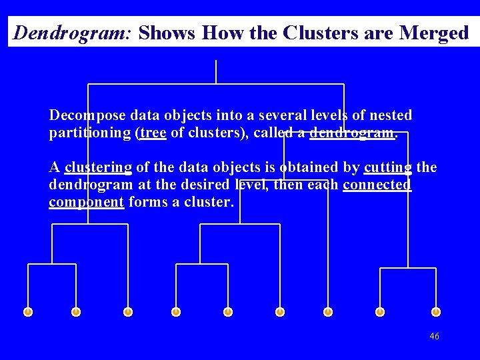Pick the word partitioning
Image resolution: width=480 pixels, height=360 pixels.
click(90, 133)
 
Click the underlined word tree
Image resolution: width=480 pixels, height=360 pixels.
click(153, 133)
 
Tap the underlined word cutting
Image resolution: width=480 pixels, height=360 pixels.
click(389, 167)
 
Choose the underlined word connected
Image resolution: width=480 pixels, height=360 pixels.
click(377, 184)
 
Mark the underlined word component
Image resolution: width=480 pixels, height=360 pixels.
click(87, 201)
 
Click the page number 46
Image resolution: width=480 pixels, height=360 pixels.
click(434, 337)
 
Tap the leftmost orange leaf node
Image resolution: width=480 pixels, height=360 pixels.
click(28, 311)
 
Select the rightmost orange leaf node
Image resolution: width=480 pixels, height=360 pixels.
click(436, 311)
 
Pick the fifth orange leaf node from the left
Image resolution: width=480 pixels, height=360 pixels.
click(228, 311)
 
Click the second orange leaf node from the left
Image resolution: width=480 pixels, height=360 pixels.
click(76, 311)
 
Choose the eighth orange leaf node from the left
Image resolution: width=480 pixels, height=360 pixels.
click(379, 311)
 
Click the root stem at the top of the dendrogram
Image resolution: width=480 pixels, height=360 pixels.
click(216, 71)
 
